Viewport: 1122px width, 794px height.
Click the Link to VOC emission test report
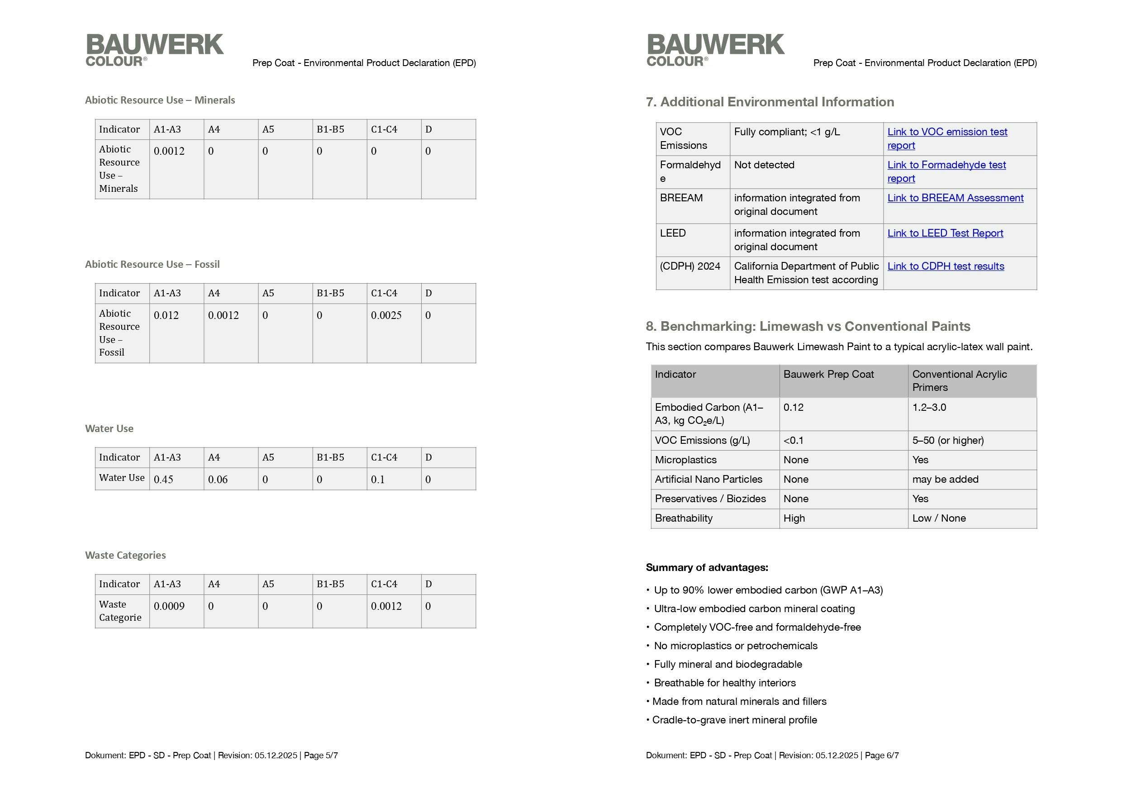(x=946, y=132)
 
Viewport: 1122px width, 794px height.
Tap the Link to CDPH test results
(x=946, y=266)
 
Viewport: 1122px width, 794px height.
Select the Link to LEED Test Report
(x=945, y=233)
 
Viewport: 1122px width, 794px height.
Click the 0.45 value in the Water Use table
(x=163, y=480)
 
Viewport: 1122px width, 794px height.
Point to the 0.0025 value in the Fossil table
(x=386, y=315)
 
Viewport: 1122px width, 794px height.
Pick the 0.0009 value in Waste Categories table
(x=169, y=606)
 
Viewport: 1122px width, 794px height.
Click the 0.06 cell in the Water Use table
(x=218, y=480)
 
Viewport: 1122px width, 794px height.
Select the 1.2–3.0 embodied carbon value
(x=929, y=407)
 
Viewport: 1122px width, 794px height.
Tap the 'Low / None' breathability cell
(x=939, y=518)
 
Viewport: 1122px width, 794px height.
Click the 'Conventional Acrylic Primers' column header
(x=959, y=381)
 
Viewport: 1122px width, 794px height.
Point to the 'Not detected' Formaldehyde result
(x=764, y=165)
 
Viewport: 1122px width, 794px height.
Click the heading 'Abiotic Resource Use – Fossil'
(x=152, y=265)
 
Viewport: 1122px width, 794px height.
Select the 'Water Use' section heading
(x=109, y=429)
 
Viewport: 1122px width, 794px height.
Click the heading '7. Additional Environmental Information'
(x=770, y=102)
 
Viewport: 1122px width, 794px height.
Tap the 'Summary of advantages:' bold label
(x=706, y=568)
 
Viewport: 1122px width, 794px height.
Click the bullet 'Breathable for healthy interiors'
(x=724, y=683)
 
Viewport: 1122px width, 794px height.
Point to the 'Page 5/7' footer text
(x=321, y=756)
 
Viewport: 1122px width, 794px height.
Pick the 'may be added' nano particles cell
(x=945, y=479)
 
